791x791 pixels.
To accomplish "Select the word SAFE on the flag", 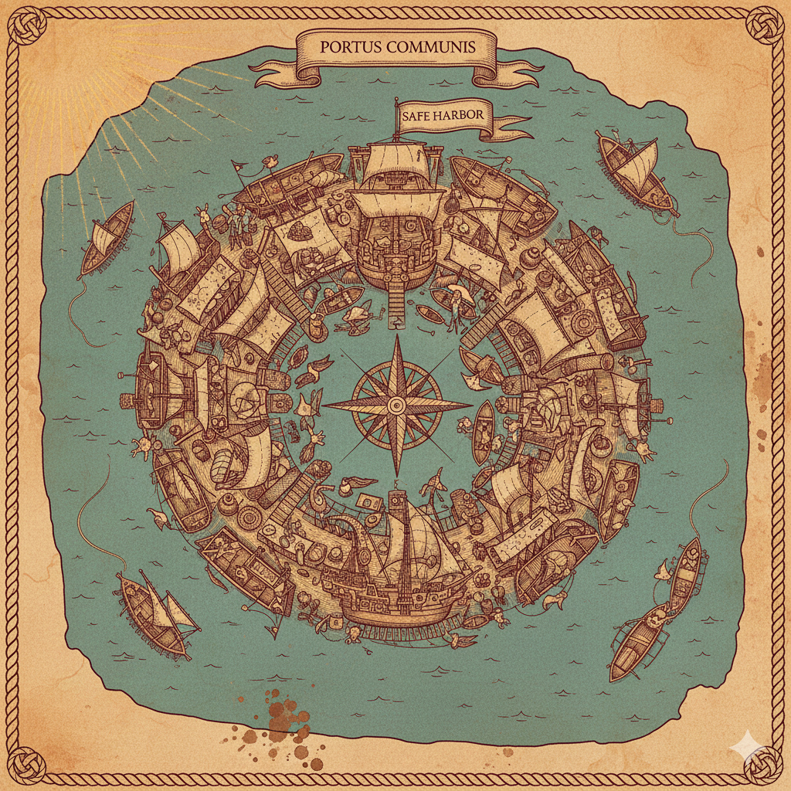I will pos(420,116).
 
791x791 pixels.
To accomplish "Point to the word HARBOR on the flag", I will pos(463,116).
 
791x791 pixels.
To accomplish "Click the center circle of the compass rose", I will pos(396,404).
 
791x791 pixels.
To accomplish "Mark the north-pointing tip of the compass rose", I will pos(396,337).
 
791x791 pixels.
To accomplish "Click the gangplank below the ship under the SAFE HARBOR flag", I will pos(395,301).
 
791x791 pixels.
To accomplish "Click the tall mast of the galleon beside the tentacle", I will pos(402,541).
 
